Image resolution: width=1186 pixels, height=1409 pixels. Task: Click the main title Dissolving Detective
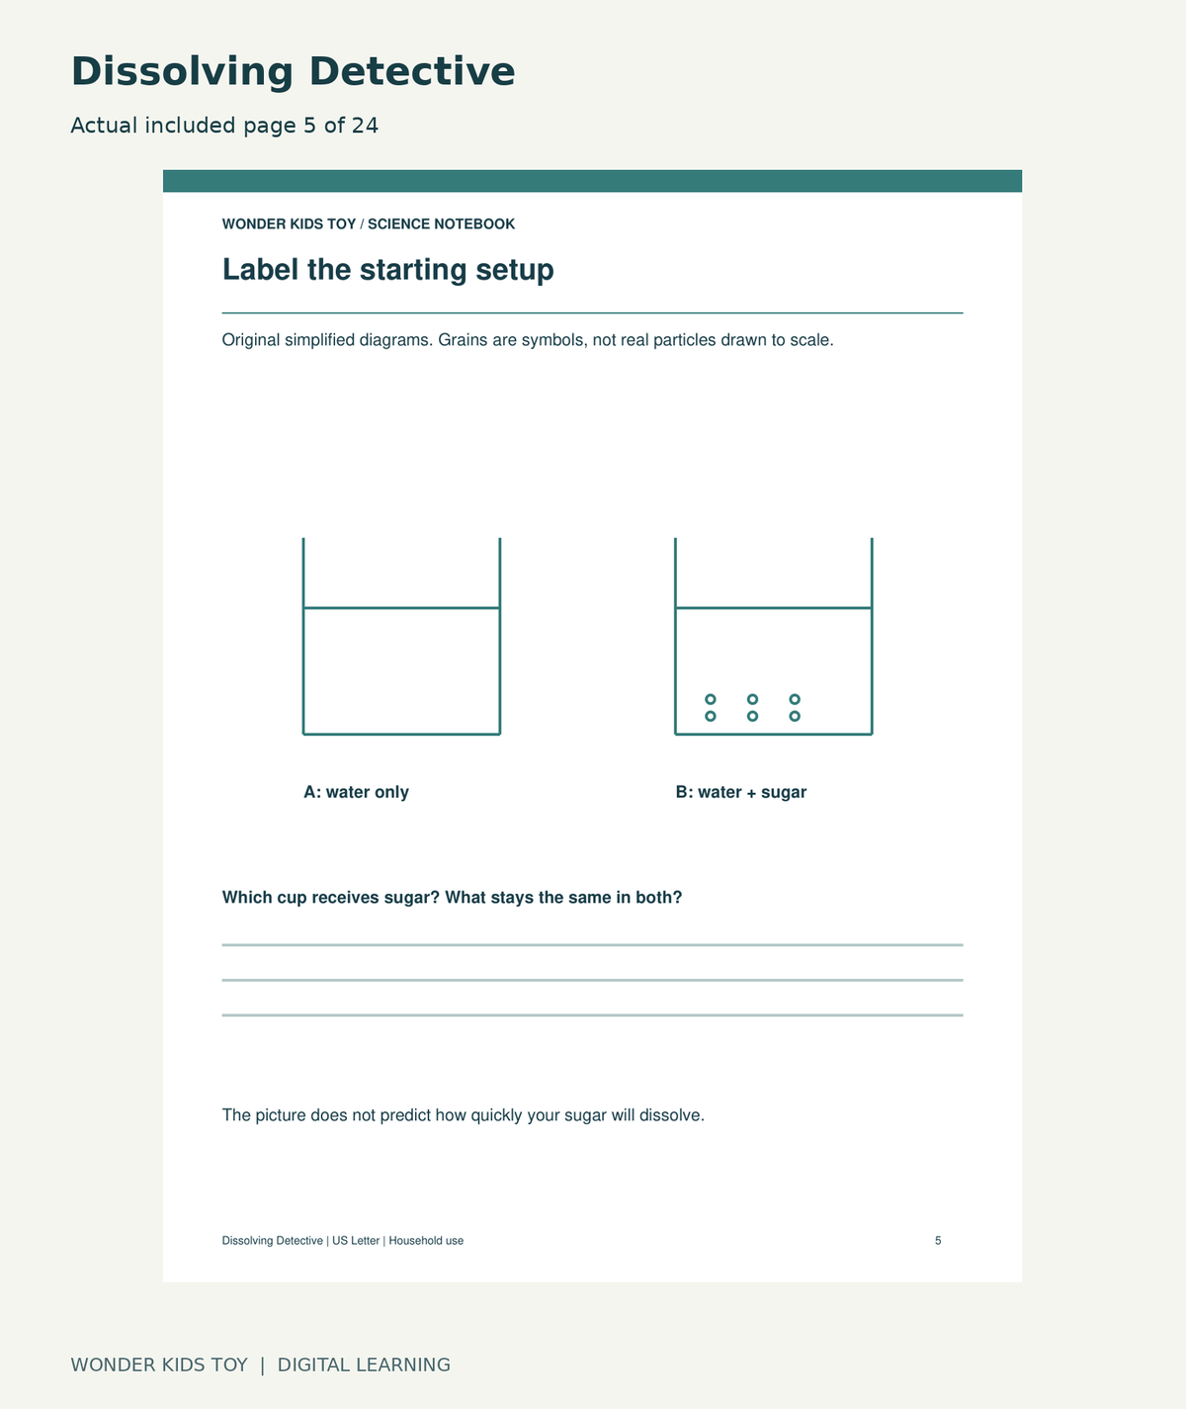tap(293, 71)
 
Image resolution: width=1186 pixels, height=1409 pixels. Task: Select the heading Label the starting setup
tap(387, 269)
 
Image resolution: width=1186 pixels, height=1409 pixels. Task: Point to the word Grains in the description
tap(463, 340)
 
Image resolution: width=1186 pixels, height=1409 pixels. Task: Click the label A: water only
tap(356, 792)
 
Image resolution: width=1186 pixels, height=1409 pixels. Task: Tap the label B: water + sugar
tap(740, 792)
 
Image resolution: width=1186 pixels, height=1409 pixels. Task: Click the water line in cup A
tap(401, 608)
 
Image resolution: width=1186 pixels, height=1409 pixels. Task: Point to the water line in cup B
tap(774, 608)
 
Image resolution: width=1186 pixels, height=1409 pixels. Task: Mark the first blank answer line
tap(592, 944)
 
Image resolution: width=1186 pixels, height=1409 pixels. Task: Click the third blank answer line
tap(592, 1014)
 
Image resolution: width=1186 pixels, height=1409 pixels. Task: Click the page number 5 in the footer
tap(938, 1240)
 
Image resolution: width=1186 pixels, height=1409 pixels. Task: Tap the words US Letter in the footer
tap(356, 1240)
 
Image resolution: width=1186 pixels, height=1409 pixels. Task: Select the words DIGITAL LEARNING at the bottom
tap(364, 1365)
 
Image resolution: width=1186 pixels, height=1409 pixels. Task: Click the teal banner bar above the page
tap(592, 181)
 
